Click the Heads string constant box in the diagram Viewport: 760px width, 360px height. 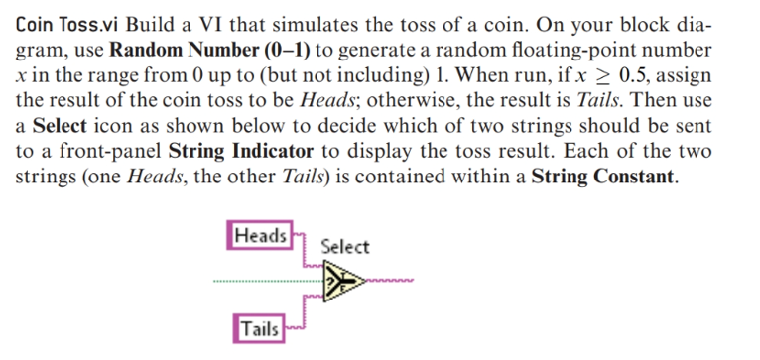261,236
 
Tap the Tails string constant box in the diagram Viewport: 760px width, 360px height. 258,328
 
